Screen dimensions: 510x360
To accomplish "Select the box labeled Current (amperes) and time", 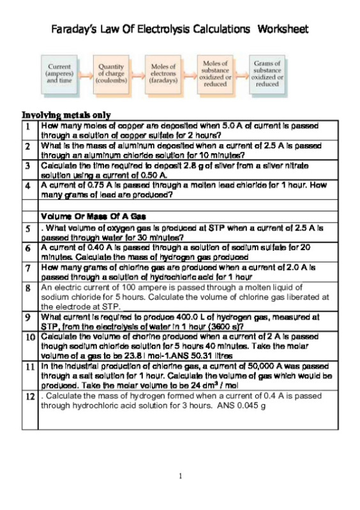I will [x=59, y=73].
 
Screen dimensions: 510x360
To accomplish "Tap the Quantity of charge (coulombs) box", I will [x=112, y=73].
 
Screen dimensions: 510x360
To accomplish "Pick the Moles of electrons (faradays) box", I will [x=163, y=73].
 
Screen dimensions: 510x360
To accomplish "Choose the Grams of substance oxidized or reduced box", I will [x=267, y=73].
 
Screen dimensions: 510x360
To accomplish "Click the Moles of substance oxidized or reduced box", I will [x=215, y=73].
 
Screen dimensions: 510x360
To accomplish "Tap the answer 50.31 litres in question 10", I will [x=207, y=354].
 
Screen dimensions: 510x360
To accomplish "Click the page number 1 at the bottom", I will [x=181, y=476].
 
